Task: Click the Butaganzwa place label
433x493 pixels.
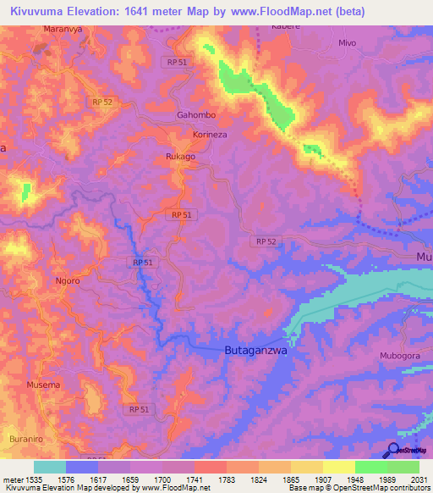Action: pyautogui.click(x=255, y=350)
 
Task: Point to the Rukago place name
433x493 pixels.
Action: pyautogui.click(x=179, y=157)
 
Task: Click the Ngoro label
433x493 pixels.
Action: pyautogui.click(x=67, y=280)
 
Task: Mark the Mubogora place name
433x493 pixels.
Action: pyautogui.click(x=400, y=356)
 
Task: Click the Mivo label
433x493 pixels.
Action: pyautogui.click(x=347, y=42)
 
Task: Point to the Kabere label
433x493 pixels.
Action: pyautogui.click(x=285, y=26)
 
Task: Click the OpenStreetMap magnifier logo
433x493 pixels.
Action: pyautogui.click(x=393, y=450)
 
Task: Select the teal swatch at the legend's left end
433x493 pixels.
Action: pyautogui.click(x=49, y=466)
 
